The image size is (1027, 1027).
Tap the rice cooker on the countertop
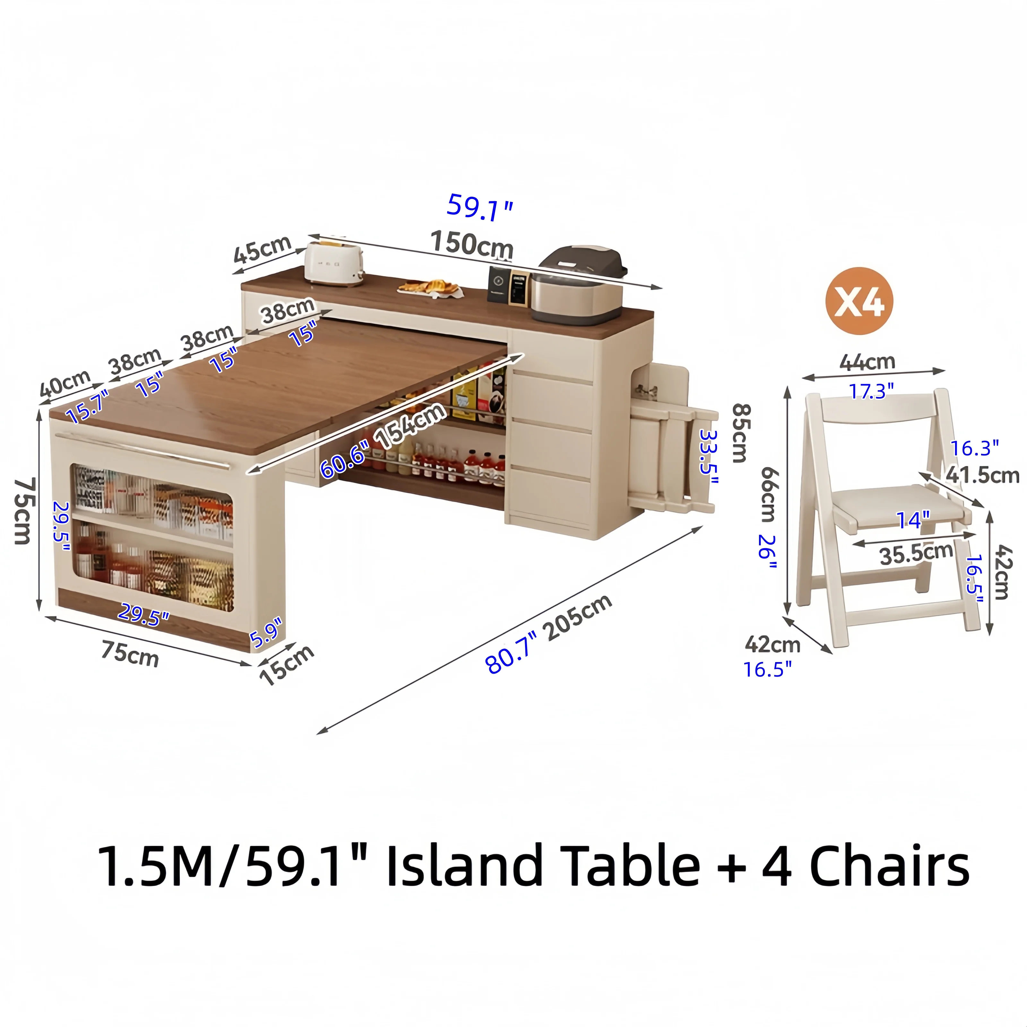[x=582, y=284]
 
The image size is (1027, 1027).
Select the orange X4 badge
[x=859, y=301]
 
